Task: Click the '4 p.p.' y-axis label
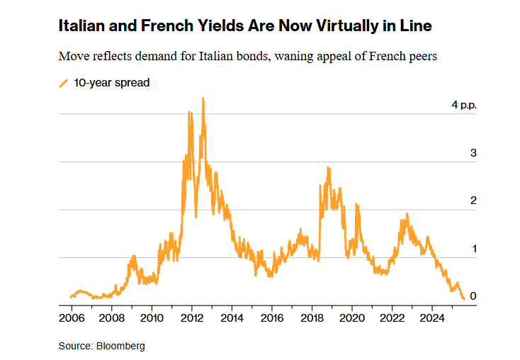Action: [464, 105]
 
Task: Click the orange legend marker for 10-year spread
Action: [64, 83]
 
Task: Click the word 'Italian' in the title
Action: [82, 27]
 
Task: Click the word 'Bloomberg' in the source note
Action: [121, 347]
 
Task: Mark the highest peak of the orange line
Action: [203, 99]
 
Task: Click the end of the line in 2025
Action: [464, 299]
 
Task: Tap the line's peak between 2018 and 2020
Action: [328, 167]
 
